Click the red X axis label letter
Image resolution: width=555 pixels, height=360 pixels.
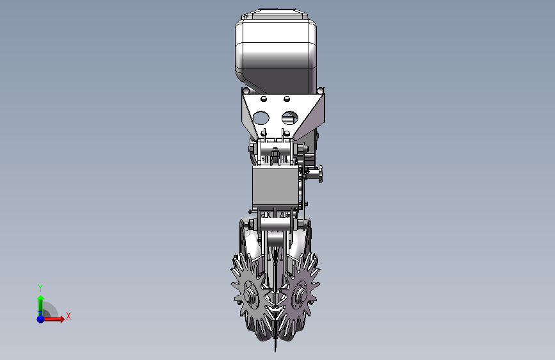(x=68, y=316)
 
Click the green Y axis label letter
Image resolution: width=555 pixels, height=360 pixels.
(x=40, y=288)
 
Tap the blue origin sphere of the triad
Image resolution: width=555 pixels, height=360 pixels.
(x=41, y=319)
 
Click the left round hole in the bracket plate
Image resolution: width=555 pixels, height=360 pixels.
(x=261, y=118)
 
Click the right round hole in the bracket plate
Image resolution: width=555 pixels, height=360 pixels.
(x=290, y=118)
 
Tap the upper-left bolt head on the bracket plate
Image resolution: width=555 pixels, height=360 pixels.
(x=264, y=99)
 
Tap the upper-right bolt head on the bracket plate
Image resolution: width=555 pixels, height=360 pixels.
(x=287, y=99)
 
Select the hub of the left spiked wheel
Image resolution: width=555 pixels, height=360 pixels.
(x=250, y=295)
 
